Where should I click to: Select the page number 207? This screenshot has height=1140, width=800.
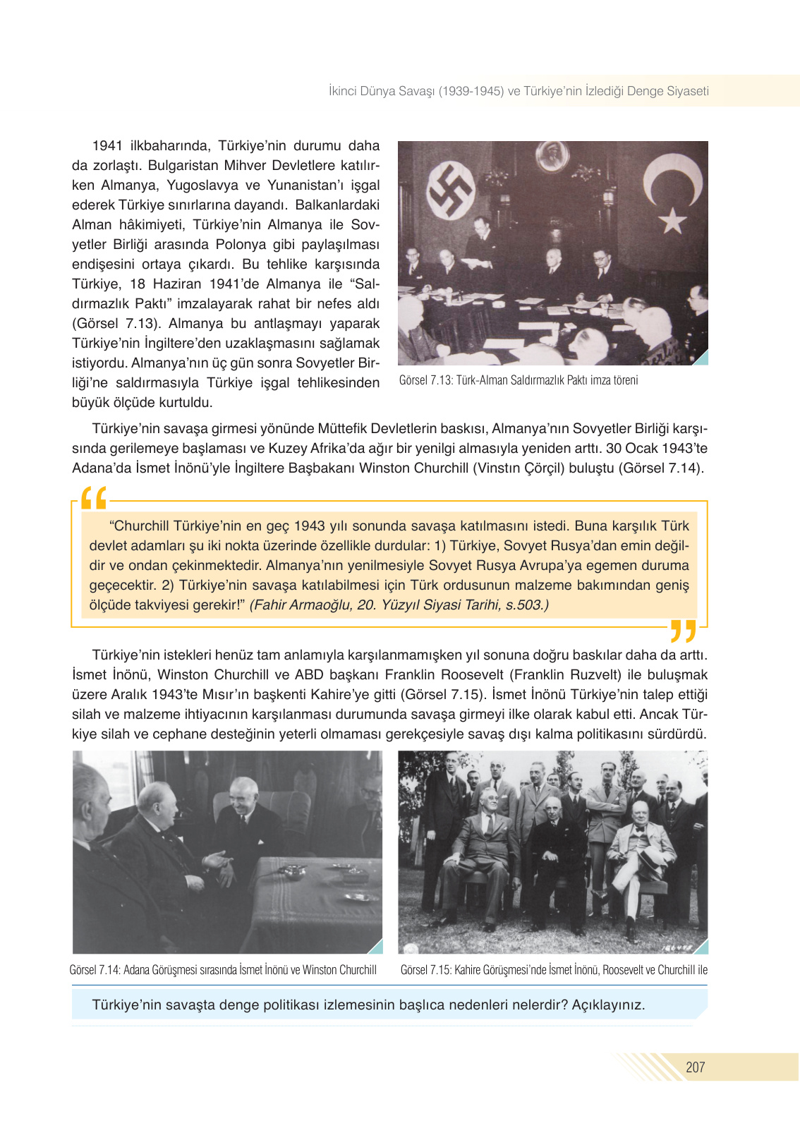pos(695,1067)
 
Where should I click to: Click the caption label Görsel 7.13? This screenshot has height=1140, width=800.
pos(425,380)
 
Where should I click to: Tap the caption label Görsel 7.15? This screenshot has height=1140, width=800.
pos(425,970)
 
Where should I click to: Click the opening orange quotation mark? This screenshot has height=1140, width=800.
pos(94,498)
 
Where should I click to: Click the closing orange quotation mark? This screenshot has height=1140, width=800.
pos(682,631)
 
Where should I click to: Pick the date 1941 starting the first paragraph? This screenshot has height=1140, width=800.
pos(107,146)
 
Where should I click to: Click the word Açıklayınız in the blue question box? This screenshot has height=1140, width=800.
pos(607,1005)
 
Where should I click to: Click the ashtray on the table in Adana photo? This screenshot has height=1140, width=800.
pos(291,872)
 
